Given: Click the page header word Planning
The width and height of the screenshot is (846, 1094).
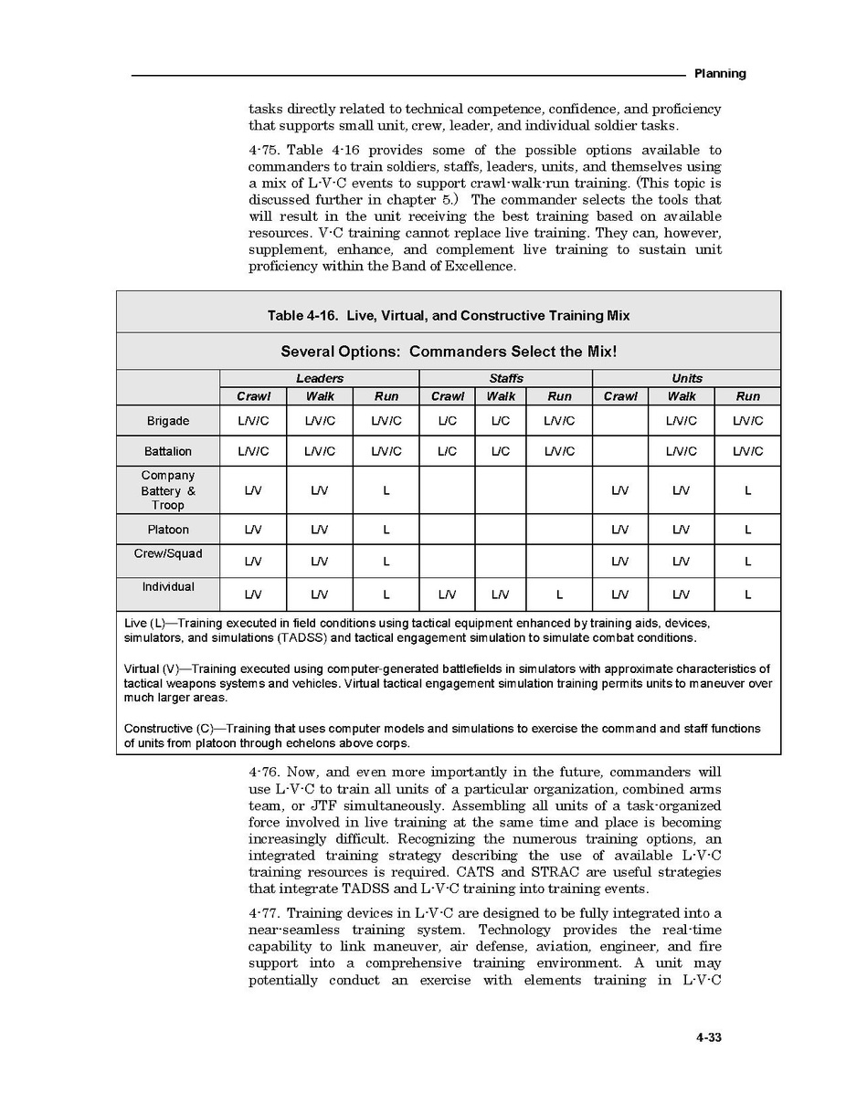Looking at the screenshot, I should click(x=720, y=74).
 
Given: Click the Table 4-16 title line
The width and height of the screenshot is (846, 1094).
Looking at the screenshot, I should click(x=448, y=316).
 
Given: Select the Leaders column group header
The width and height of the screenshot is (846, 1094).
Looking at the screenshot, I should click(x=319, y=378).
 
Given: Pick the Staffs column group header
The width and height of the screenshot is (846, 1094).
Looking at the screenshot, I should click(x=505, y=378).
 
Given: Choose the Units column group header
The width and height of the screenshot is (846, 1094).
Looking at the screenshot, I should click(x=686, y=378).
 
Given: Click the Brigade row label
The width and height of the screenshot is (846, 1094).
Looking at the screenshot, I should click(x=168, y=421).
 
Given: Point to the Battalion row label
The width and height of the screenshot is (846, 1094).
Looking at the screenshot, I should click(x=168, y=451).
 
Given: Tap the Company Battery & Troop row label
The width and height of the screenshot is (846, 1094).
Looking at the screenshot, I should click(x=168, y=490).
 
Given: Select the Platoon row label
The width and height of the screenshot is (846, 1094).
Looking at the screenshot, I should click(x=168, y=530).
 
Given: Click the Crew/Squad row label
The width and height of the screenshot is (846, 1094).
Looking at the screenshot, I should click(x=168, y=554).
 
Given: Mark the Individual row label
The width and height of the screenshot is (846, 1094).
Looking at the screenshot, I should click(x=168, y=587).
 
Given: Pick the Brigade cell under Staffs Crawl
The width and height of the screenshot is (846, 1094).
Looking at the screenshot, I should click(x=448, y=421).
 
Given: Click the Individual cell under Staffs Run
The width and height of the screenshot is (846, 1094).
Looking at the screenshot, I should click(x=559, y=594).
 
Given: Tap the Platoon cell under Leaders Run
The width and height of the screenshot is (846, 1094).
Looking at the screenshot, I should click(x=386, y=530).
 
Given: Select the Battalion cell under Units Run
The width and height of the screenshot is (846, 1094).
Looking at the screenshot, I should click(x=747, y=451).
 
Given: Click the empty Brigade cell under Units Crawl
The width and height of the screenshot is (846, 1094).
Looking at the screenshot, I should click(x=620, y=421).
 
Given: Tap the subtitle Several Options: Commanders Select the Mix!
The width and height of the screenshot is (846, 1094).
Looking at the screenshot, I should click(x=448, y=352).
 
